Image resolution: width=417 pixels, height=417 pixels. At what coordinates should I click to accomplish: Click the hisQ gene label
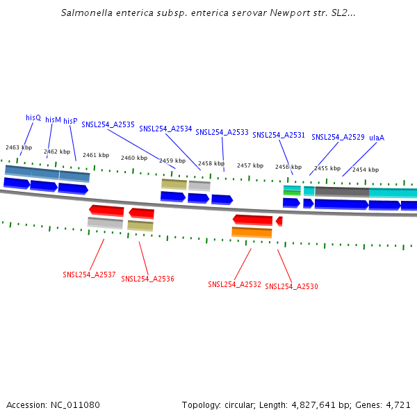pyautogui.click(x=33, y=118)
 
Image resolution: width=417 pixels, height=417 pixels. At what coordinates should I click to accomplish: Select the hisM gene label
pyautogui.click(x=53, y=120)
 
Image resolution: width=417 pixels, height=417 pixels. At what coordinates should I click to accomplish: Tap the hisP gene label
pyautogui.click(x=70, y=121)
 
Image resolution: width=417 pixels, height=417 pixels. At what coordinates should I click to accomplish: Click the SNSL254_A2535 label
pyautogui.click(x=108, y=125)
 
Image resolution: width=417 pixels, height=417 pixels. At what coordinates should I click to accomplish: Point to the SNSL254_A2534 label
pyautogui.click(x=165, y=129)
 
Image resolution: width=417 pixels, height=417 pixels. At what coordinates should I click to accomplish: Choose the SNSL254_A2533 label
pyautogui.click(x=222, y=132)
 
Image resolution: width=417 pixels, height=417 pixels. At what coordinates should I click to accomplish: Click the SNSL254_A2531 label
pyautogui.click(x=279, y=136)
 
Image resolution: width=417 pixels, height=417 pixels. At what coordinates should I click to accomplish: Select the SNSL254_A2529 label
pyautogui.click(x=338, y=138)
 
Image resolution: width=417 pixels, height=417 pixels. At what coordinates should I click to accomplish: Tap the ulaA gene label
pyautogui.click(x=377, y=138)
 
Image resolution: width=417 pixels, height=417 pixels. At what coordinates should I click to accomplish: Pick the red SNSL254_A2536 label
pyautogui.click(x=147, y=279)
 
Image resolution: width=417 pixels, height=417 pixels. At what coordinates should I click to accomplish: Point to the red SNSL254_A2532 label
pyautogui.click(x=234, y=285)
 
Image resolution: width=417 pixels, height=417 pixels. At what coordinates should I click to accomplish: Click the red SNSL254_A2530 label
pyautogui.click(x=291, y=286)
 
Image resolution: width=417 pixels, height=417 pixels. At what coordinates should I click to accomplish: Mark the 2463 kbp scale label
pyautogui.click(x=19, y=147)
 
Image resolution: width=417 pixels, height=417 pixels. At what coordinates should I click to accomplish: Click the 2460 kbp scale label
pyautogui.click(x=134, y=158)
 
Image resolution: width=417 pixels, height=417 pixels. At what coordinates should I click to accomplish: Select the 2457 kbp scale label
pyautogui.click(x=250, y=166)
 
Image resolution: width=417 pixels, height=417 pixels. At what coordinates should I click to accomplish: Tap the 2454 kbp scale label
pyautogui.click(x=366, y=170)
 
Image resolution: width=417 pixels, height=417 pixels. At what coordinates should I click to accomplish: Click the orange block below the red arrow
pyautogui.click(x=252, y=232)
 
